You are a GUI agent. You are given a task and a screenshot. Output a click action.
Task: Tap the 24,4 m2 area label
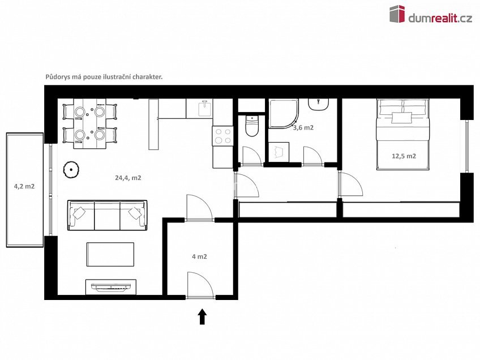128,177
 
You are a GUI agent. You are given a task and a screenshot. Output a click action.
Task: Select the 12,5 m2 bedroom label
404,156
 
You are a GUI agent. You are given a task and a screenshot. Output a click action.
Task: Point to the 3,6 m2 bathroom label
303,128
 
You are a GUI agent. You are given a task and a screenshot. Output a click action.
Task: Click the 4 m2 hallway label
199,256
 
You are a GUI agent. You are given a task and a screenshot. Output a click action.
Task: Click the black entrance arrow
202,316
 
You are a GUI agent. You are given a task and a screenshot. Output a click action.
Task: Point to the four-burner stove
221,137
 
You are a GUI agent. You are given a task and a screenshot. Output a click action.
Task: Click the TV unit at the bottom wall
110,287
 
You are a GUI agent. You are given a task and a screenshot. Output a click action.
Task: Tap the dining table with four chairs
90,123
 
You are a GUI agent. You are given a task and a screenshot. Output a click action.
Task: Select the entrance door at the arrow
200,286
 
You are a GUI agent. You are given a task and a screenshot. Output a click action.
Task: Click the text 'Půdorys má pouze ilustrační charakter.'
104,76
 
